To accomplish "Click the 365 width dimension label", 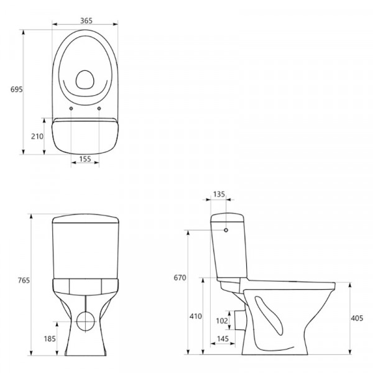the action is pos(86,21).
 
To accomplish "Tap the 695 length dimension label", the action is pos(17,89).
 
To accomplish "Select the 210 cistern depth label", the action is pos(37,136).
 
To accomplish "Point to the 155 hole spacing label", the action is pos(85,159).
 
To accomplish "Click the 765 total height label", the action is pos(24,280).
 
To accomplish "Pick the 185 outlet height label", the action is pos(50,339).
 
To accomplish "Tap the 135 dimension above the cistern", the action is pos(219,195).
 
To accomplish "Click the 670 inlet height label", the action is pos(180,278).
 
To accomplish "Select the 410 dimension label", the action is pos(196,316).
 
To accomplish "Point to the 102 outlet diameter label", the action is pos(222,321).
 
